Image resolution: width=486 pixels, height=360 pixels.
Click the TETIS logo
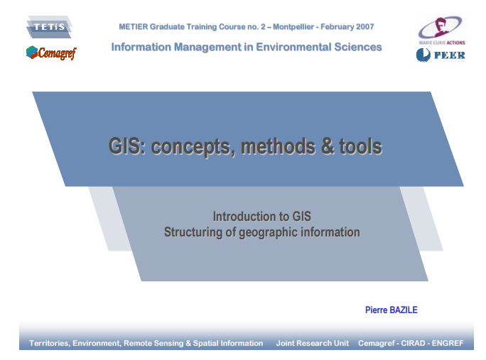[49, 27]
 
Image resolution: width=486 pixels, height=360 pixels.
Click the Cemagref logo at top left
[50, 53]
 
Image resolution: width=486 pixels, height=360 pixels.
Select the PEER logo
[441, 55]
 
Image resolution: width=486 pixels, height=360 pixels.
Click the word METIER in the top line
[134, 27]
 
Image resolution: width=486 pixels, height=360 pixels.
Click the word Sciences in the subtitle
[358, 47]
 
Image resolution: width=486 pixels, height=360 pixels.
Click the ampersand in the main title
[327, 147]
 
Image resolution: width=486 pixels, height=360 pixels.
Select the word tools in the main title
[360, 147]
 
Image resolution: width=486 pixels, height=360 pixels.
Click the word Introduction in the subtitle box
[239, 217]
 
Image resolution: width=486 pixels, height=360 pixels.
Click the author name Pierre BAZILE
[391, 310]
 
